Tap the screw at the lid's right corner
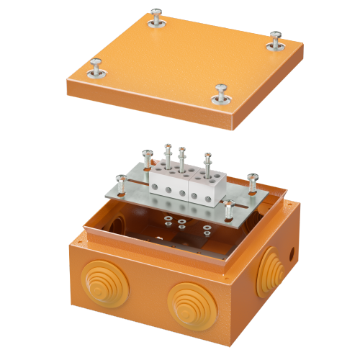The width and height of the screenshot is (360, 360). tap(274, 41)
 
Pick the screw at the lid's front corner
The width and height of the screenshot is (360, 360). tap(220, 94)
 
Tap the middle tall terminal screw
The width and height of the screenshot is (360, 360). tap(181, 158)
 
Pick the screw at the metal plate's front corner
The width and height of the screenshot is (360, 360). tap(228, 210)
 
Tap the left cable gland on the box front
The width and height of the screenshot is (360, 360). tap(100, 282)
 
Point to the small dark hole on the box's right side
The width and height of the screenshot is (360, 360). tap(292, 254)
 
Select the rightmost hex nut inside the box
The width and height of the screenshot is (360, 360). tap(207, 230)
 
